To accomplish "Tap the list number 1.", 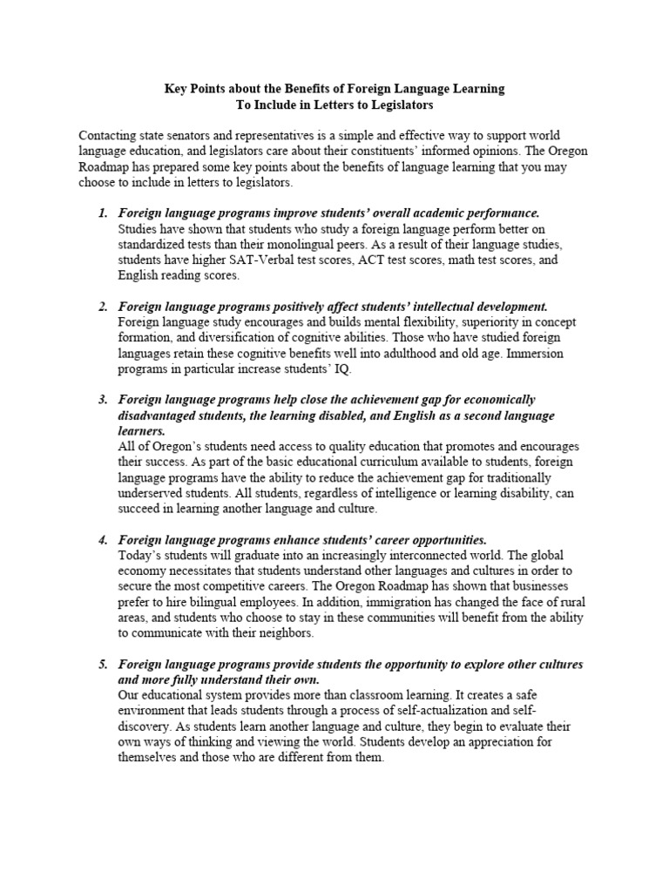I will [x=101, y=213].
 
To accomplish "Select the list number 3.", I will [x=101, y=399].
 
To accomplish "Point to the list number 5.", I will [x=101, y=664].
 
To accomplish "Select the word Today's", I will [x=141, y=555].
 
